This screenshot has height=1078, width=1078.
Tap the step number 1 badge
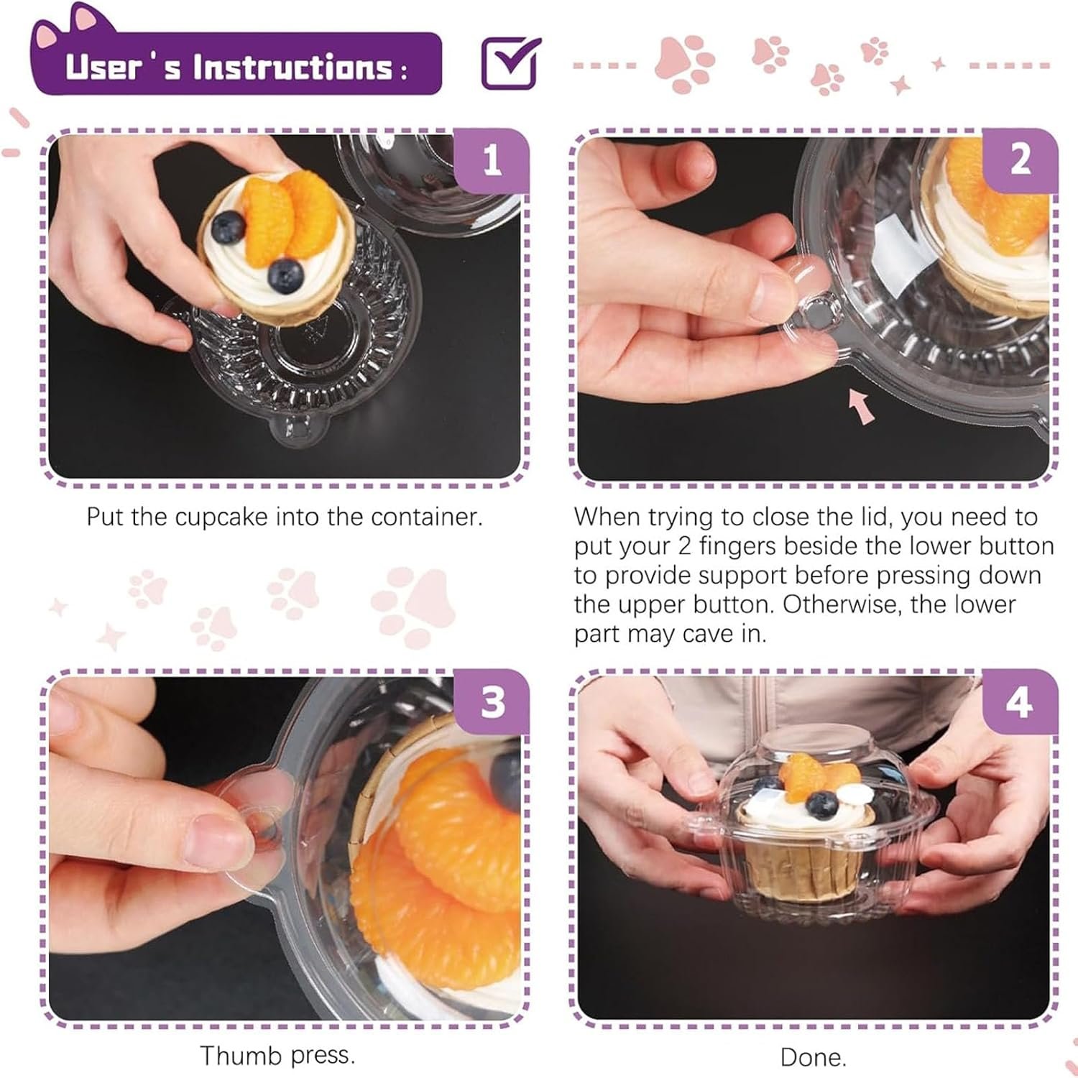(x=492, y=160)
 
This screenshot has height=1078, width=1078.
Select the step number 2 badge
(x=1021, y=160)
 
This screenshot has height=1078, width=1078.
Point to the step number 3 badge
(x=492, y=701)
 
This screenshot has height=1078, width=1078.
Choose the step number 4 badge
(x=1021, y=701)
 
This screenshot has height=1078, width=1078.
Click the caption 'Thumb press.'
(x=277, y=1056)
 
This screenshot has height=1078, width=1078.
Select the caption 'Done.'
(x=813, y=1057)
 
